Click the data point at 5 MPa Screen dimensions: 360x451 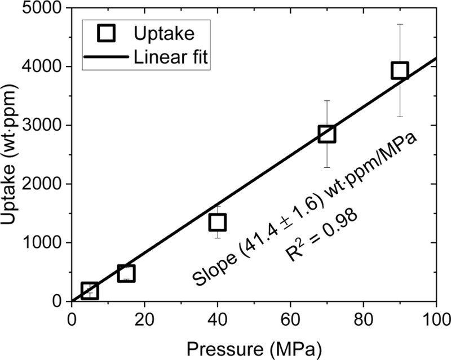pyautogui.click(x=90, y=291)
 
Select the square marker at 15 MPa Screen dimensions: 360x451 pyautogui.click(x=126, y=274)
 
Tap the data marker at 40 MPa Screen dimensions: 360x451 pyautogui.click(x=218, y=222)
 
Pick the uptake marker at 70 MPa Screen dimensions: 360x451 pyautogui.click(x=327, y=134)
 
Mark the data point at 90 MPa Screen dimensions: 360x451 pyautogui.click(x=400, y=70)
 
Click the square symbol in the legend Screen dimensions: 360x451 pyautogui.click(x=107, y=34)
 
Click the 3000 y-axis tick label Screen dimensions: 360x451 pyautogui.click(x=46, y=126)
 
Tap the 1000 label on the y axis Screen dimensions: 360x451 pyautogui.click(x=46, y=243)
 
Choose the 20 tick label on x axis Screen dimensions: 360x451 pyautogui.click(x=144, y=317)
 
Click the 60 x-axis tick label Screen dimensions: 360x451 pyautogui.click(x=290, y=317)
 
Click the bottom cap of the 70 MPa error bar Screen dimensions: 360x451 pyautogui.click(x=327, y=167)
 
